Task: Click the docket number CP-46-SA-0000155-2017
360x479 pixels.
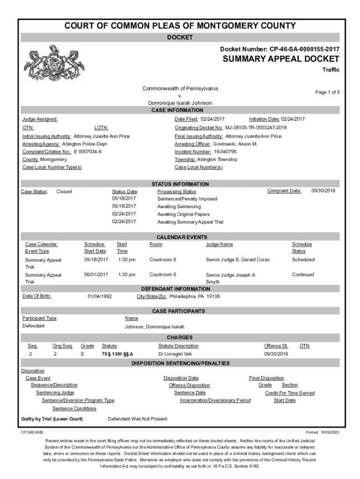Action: (305, 49)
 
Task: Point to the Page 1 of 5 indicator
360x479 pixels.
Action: (327, 92)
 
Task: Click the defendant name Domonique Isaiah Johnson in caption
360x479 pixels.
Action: (180, 103)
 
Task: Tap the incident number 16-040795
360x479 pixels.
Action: (225, 152)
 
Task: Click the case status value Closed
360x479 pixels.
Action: (64, 191)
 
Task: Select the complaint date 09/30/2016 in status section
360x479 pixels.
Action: (324, 191)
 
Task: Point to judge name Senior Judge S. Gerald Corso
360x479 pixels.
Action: (238, 260)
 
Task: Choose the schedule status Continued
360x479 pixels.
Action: (303, 275)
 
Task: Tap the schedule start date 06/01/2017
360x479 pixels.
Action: (96, 275)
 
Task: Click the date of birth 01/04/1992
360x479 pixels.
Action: (100, 297)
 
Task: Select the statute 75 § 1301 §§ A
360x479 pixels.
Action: (114, 354)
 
